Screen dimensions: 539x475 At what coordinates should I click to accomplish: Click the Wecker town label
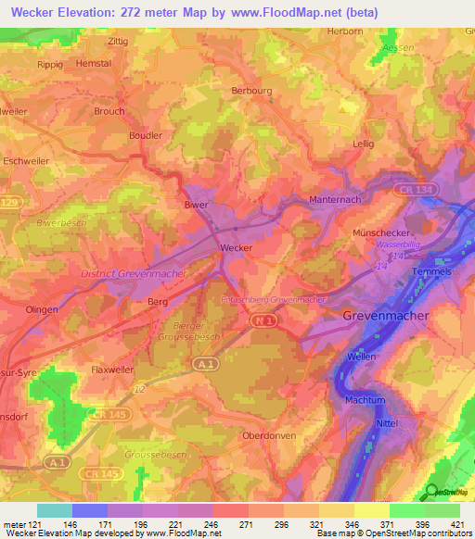pyautogui.click(x=237, y=248)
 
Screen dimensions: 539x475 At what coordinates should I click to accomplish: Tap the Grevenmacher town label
pyautogui.click(x=386, y=316)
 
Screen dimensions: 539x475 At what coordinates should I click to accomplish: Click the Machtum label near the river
pyautogui.click(x=365, y=399)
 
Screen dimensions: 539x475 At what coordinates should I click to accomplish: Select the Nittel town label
pyautogui.click(x=387, y=423)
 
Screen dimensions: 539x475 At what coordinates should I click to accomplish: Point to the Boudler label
pyautogui.click(x=146, y=134)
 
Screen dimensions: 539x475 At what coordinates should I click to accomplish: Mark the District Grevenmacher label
pyautogui.click(x=133, y=274)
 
